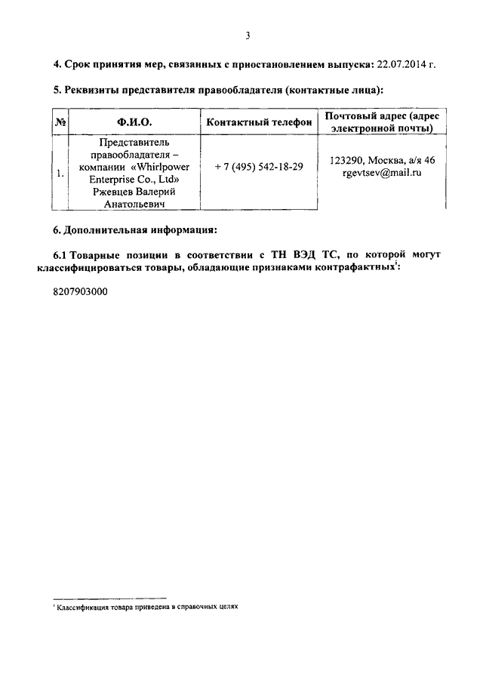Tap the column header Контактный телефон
[x=259, y=122]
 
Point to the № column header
[x=60, y=122]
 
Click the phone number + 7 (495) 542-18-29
[x=259, y=166]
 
